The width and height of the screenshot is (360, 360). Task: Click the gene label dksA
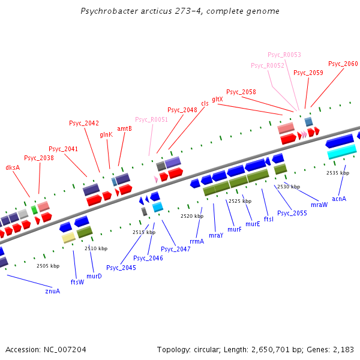pyautogui.click(x=13, y=167)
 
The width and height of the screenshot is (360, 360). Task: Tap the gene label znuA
pyautogui.click(x=53, y=291)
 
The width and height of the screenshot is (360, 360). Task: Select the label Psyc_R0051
pyautogui.click(x=151, y=119)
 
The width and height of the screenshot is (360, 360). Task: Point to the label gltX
pyautogui.click(x=217, y=99)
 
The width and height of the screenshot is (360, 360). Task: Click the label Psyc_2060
pyautogui.click(x=343, y=64)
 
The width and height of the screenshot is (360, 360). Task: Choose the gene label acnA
pyautogui.click(x=339, y=199)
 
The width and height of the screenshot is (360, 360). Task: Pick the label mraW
pyautogui.click(x=319, y=205)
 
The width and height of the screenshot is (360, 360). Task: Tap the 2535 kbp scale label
pyautogui.click(x=338, y=173)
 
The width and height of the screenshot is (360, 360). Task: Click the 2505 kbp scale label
pyautogui.click(x=48, y=265)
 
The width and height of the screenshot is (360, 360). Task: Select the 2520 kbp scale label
pyautogui.click(x=192, y=215)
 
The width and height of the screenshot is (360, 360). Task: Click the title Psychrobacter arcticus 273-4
pyautogui.click(x=180, y=11)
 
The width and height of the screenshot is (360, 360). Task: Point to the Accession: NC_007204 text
pyautogui.click(x=46, y=349)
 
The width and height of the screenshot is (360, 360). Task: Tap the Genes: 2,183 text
pyautogui.click(x=333, y=349)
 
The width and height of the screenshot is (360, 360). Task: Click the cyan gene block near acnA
pyautogui.click(x=342, y=154)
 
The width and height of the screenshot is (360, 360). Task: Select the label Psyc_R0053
pyautogui.click(x=284, y=55)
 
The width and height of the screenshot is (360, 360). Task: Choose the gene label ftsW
pyautogui.click(x=77, y=281)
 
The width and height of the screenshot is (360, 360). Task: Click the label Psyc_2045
pyautogui.click(x=121, y=268)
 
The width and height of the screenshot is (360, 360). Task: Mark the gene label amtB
pyautogui.click(x=124, y=128)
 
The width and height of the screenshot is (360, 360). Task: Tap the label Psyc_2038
pyautogui.click(x=39, y=158)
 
